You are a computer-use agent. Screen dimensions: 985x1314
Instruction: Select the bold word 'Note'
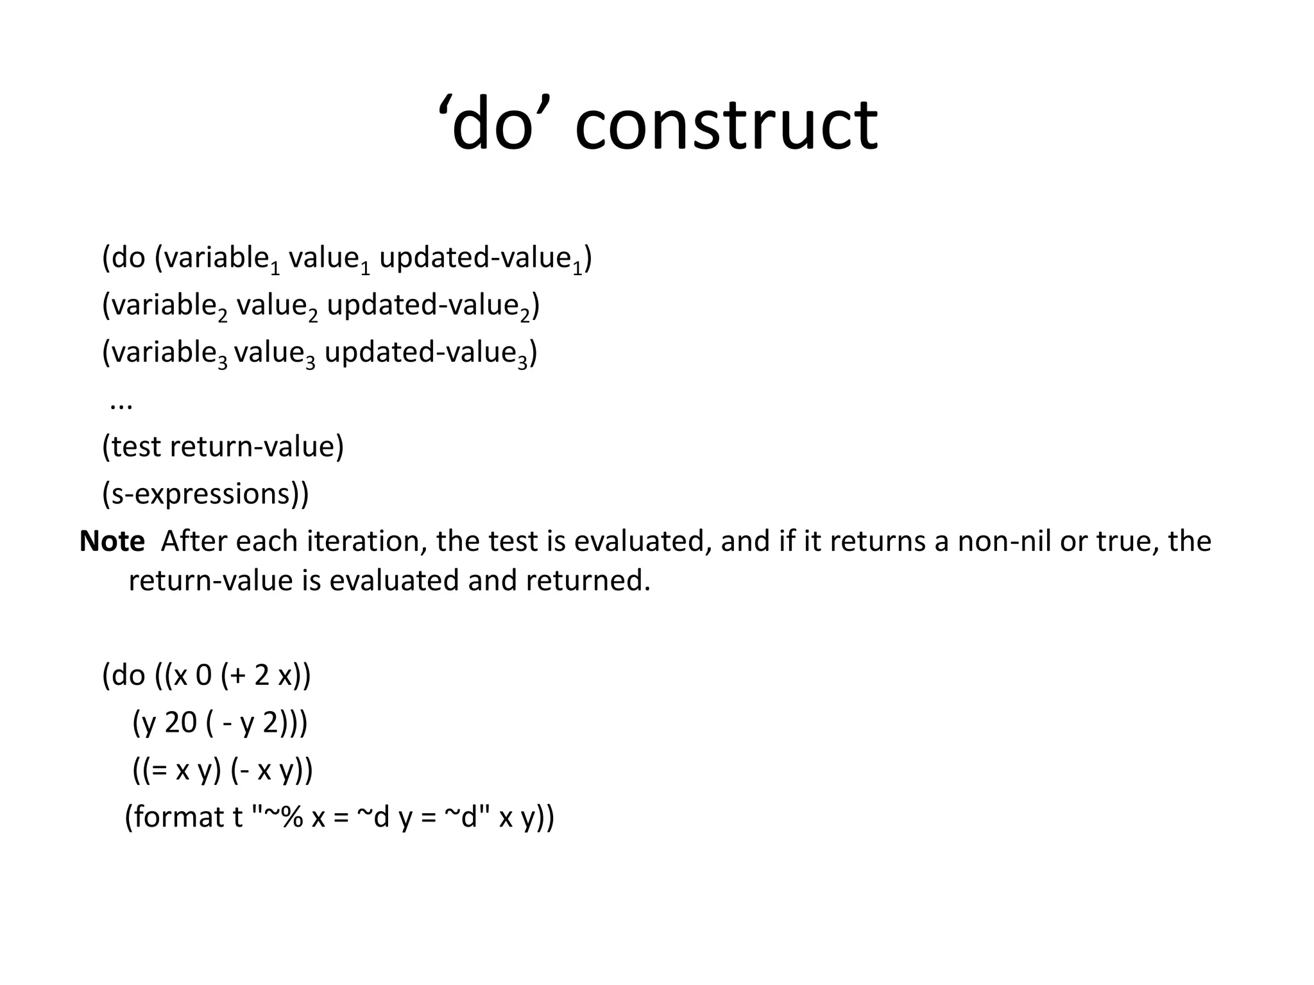pyautogui.click(x=112, y=542)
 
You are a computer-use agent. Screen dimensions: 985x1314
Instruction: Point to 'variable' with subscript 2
pyautogui.click(x=164, y=306)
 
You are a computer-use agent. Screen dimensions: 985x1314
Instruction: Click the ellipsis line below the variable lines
pyautogui.click(x=121, y=404)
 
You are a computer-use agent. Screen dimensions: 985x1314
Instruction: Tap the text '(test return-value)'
pyautogui.click(x=223, y=446)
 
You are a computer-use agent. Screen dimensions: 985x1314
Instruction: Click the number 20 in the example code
pyautogui.click(x=180, y=723)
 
